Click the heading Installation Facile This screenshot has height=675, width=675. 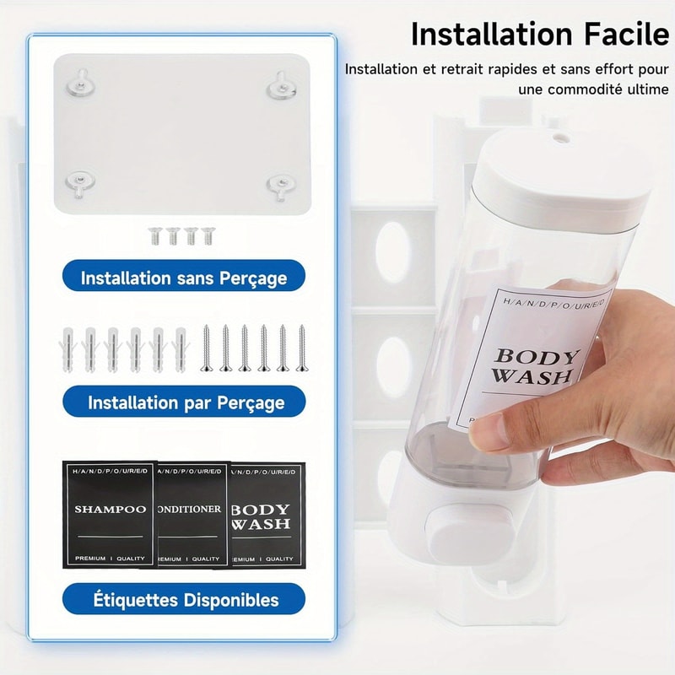538,35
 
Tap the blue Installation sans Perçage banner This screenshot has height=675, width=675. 183,277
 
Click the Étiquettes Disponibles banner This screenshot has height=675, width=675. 183,600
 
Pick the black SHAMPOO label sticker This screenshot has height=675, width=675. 110,513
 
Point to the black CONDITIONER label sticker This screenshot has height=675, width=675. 192,513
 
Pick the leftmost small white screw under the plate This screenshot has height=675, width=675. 154,235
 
